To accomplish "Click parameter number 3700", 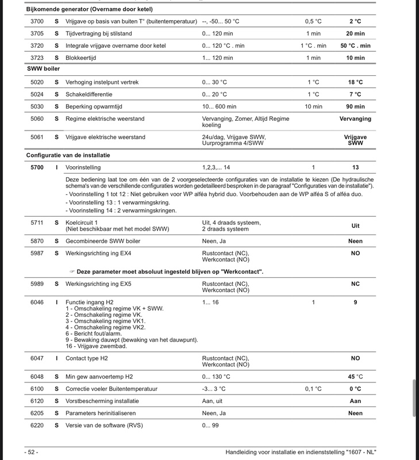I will point(36,21).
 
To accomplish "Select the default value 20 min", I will point(356,33).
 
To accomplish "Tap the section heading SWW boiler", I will point(44,69).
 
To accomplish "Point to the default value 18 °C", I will point(356,82).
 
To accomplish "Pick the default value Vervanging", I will point(356,118).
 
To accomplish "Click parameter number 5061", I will point(36,137).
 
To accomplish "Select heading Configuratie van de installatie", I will point(68,155).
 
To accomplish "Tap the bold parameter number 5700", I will point(36,167).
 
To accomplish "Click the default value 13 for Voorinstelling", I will point(356,167).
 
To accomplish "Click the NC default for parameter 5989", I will point(356,284).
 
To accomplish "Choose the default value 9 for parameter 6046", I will point(356,302).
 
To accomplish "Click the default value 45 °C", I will point(356,377).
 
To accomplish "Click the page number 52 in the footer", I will point(31,451).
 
